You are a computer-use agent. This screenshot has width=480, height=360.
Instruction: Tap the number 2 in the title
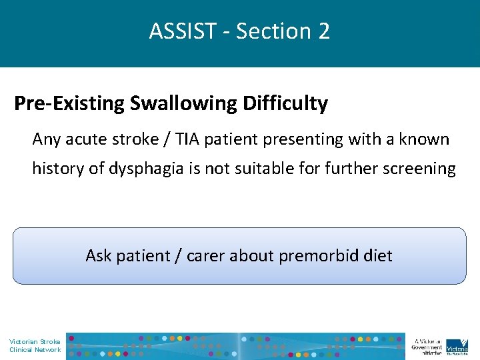pyautogui.click(x=323, y=31)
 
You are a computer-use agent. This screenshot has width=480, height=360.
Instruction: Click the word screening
pyautogui.click(x=420, y=169)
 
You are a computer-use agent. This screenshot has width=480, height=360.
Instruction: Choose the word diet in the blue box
pyautogui.click(x=378, y=255)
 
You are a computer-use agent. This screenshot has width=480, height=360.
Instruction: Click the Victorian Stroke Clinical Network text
pyautogui.click(x=35, y=345)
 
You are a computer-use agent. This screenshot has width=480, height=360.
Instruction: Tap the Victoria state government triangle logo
pyautogui.click(x=457, y=345)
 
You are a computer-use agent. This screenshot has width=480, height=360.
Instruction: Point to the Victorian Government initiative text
pyautogui.click(x=427, y=346)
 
